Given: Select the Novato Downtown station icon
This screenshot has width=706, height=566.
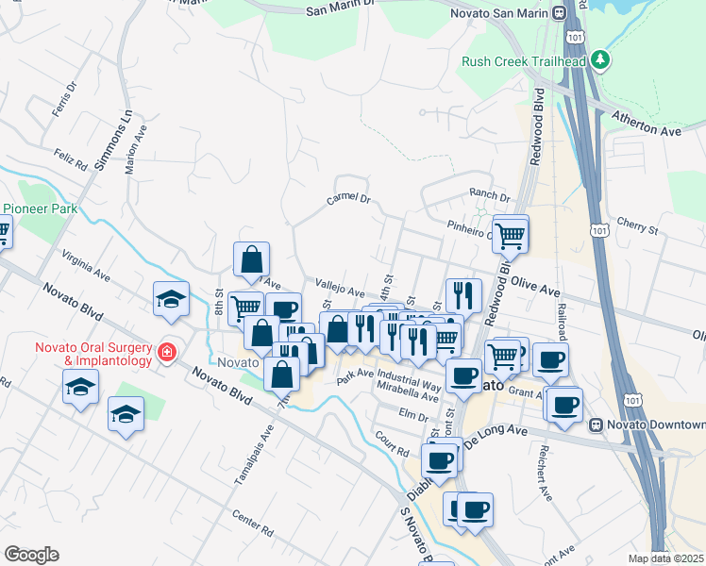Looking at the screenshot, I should click(597, 424).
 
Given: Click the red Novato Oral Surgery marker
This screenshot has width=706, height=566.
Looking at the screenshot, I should click(167, 353).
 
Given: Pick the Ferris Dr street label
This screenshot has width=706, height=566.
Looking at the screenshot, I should click(65, 100).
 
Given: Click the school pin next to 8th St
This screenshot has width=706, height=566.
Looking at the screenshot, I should click(171, 300).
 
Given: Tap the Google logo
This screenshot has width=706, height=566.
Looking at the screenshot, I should click(31, 555).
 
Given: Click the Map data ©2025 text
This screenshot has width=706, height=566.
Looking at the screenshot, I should click(665, 558).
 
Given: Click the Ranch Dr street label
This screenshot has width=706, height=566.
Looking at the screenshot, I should click(490, 196).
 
